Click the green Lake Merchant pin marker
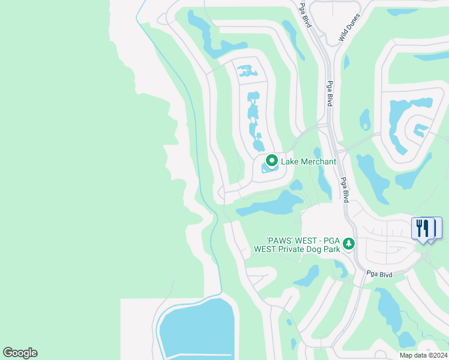tap(271, 161)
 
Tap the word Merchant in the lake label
tap(317, 161)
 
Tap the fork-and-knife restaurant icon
tap(424, 229)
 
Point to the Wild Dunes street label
tap(349, 28)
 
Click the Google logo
tap(20, 353)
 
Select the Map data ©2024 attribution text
tap(423, 355)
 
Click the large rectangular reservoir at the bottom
tap(195, 330)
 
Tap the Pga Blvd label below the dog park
tap(379, 274)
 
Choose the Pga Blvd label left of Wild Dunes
tap(306, 13)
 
